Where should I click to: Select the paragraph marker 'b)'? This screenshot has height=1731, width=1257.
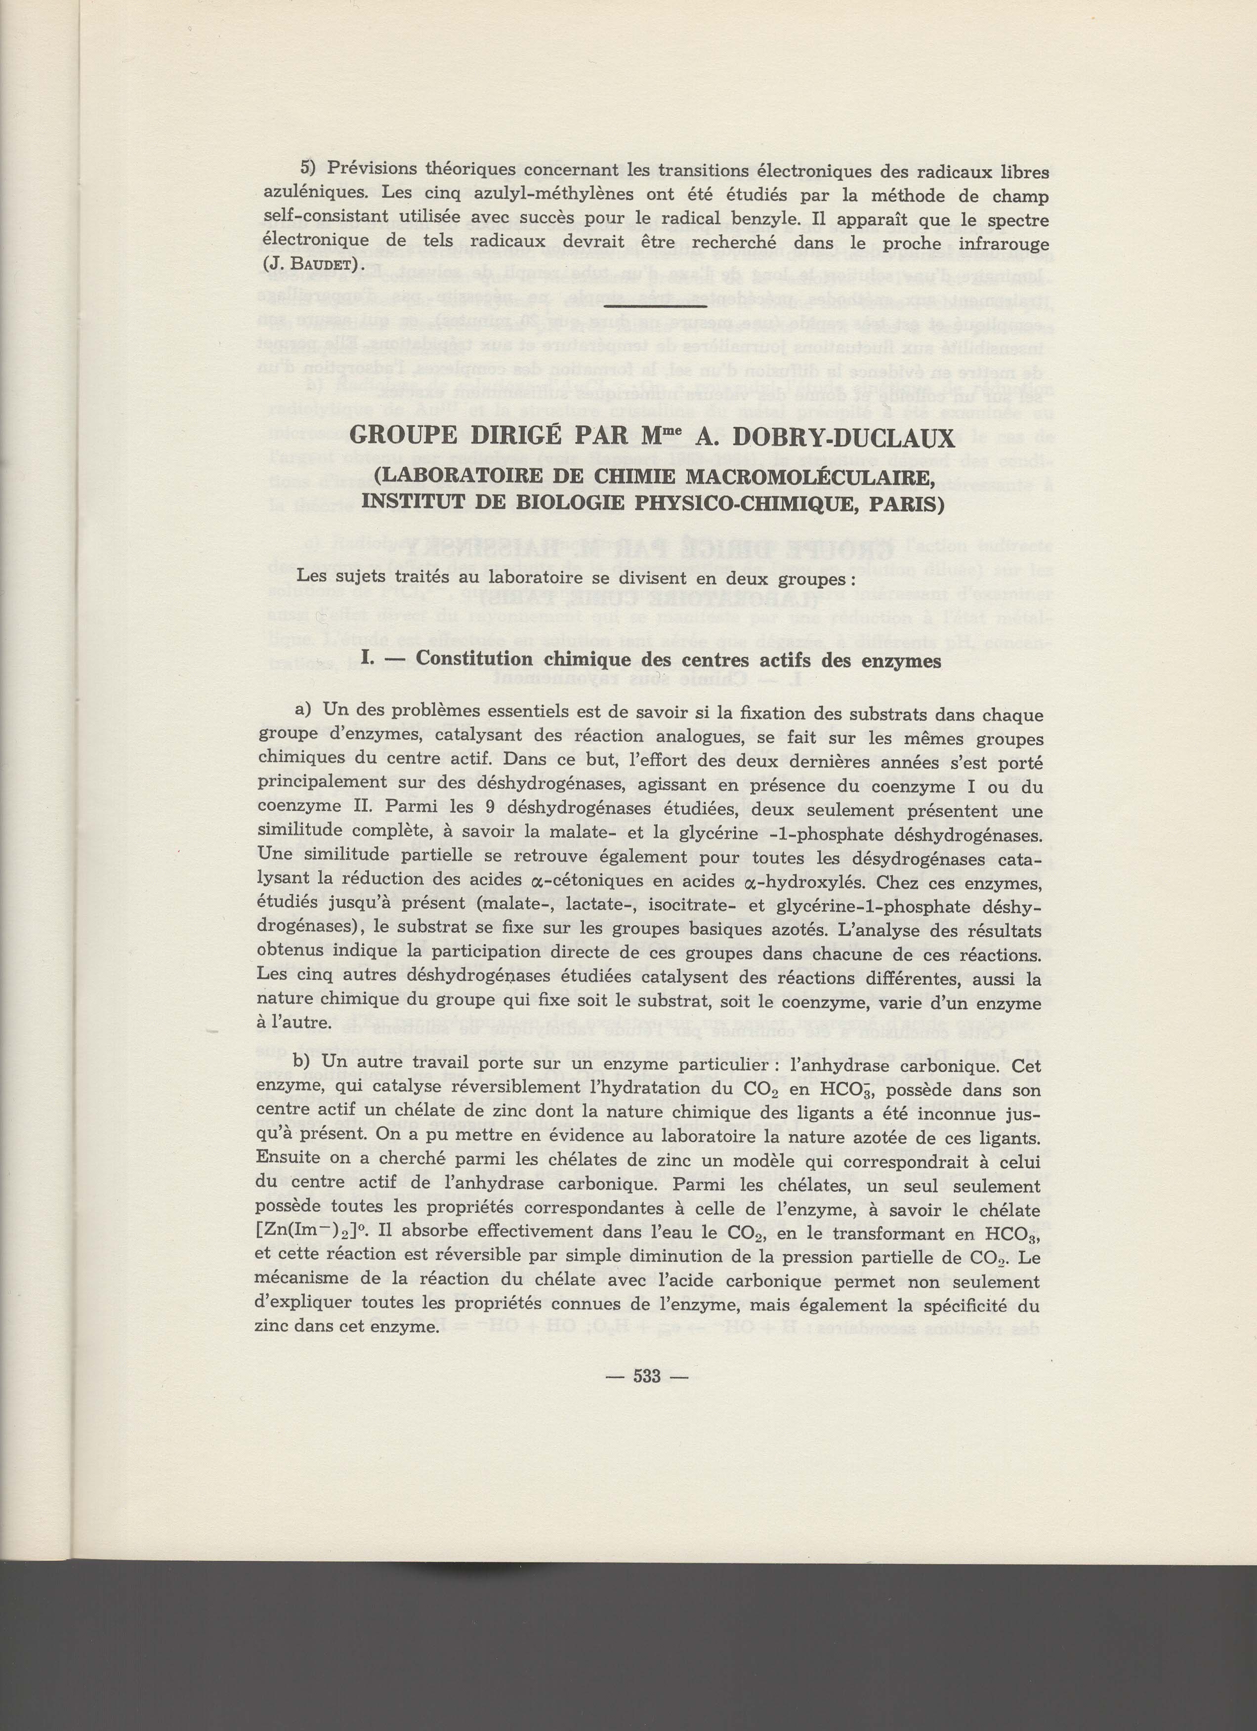pyautogui.click(x=305, y=1063)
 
